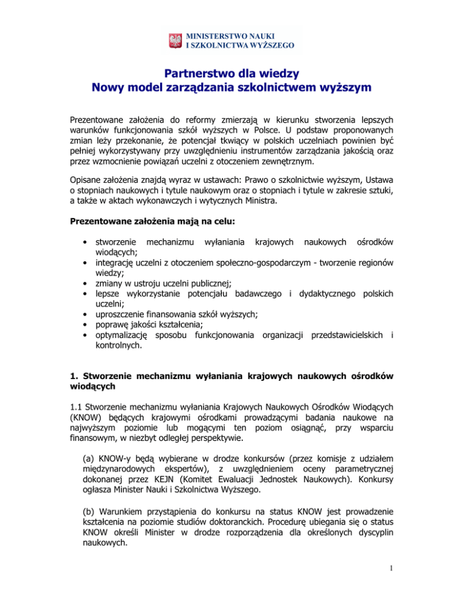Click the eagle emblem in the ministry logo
(x=176, y=40)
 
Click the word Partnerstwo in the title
(x=199, y=75)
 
